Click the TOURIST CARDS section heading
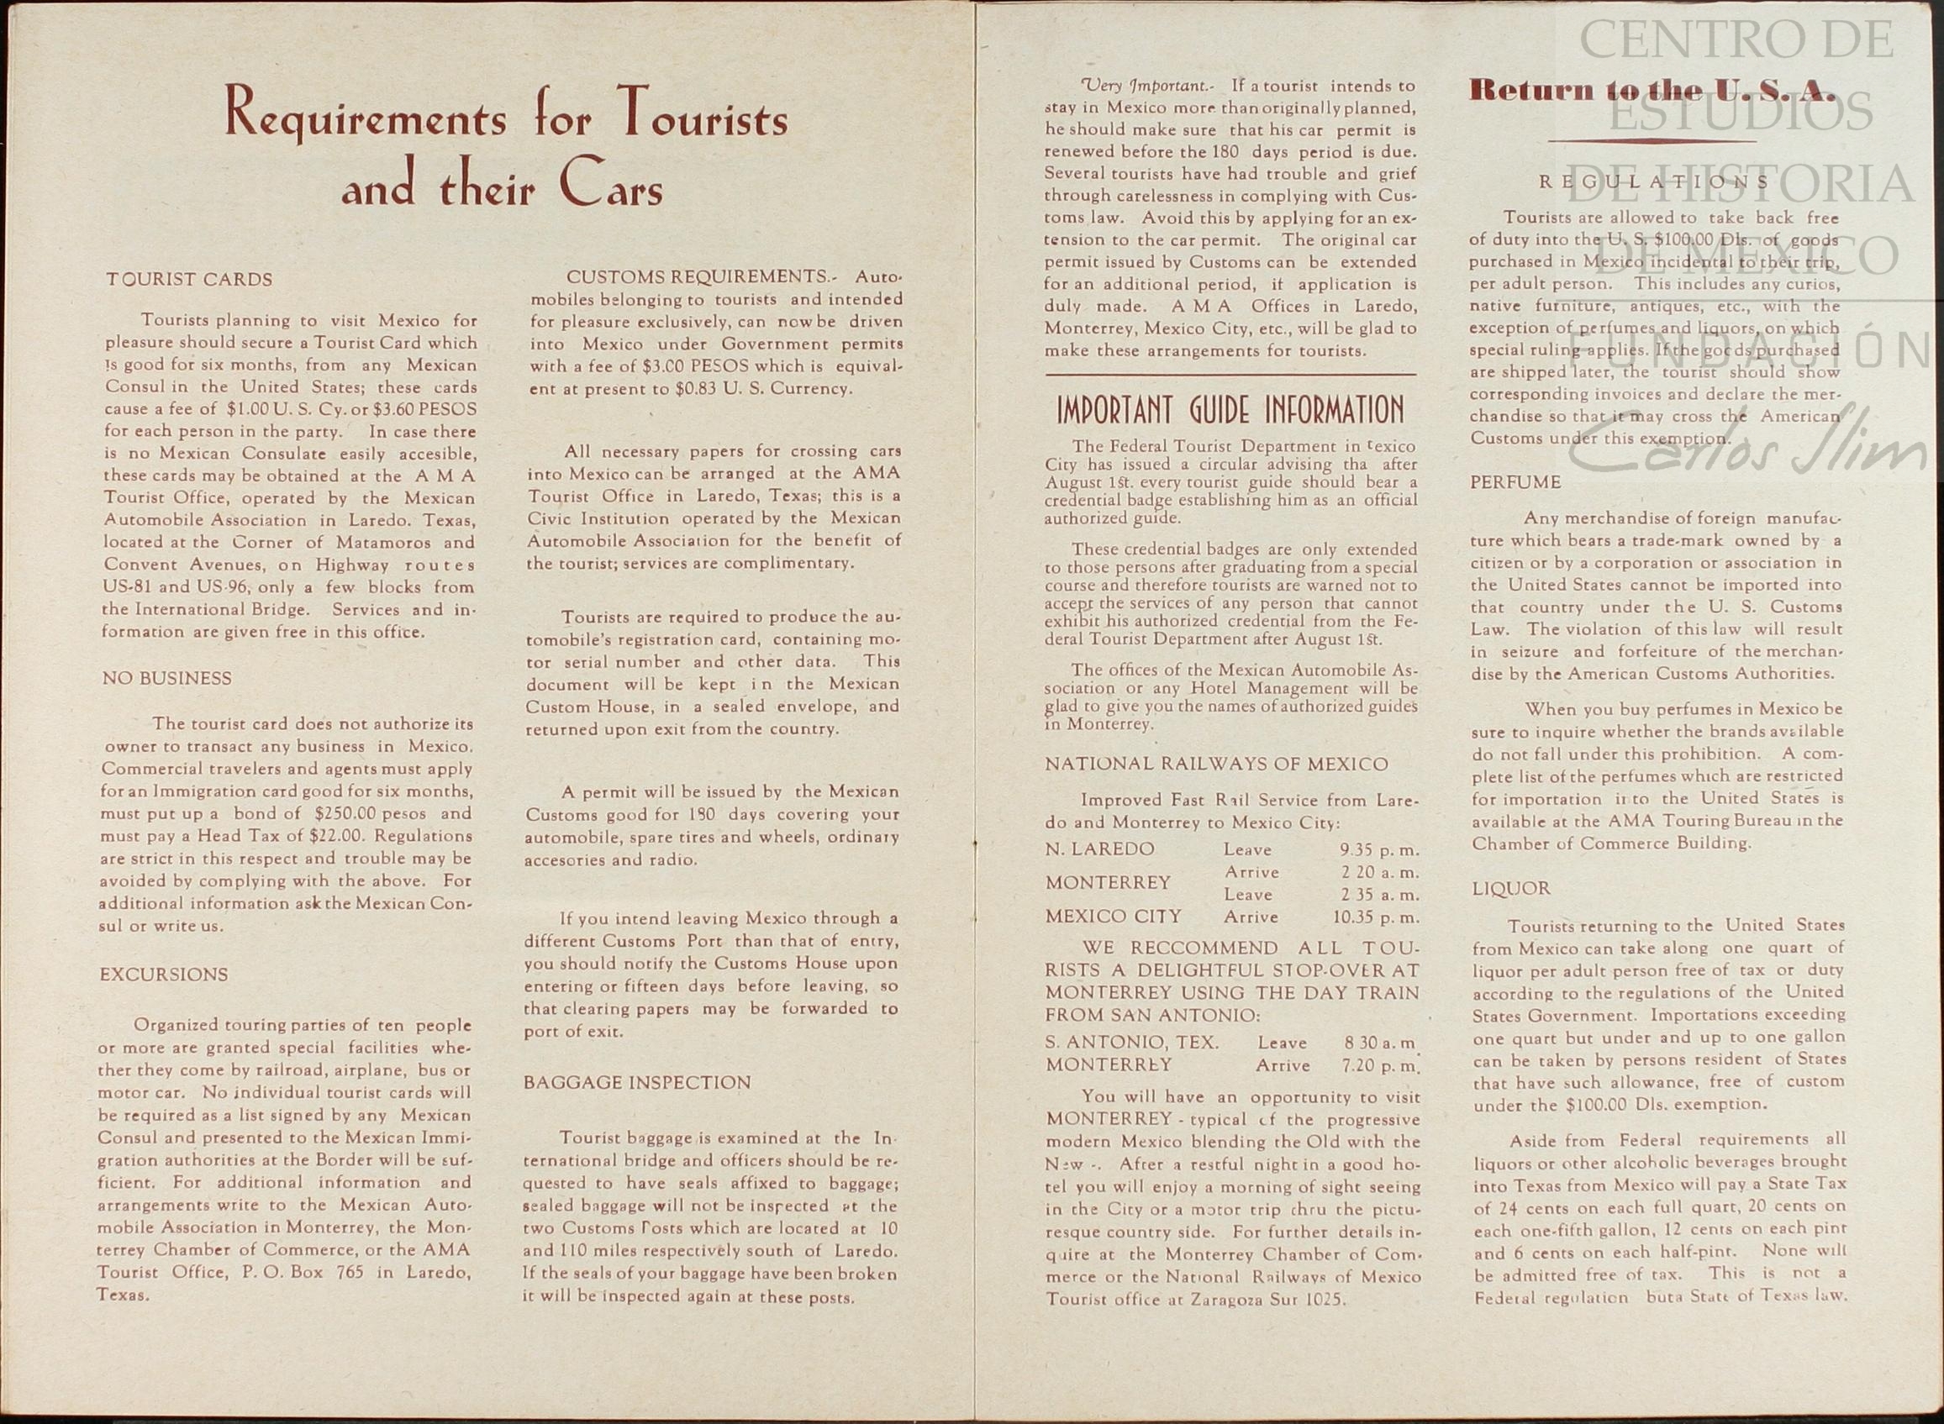pos(189,280)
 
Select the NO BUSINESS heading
pos(166,678)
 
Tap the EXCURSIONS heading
pos(164,975)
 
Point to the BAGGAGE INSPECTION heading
pos(637,1083)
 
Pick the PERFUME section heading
pos(1515,483)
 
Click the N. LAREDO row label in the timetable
pos(1099,849)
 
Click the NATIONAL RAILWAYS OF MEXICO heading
pos(1216,765)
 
